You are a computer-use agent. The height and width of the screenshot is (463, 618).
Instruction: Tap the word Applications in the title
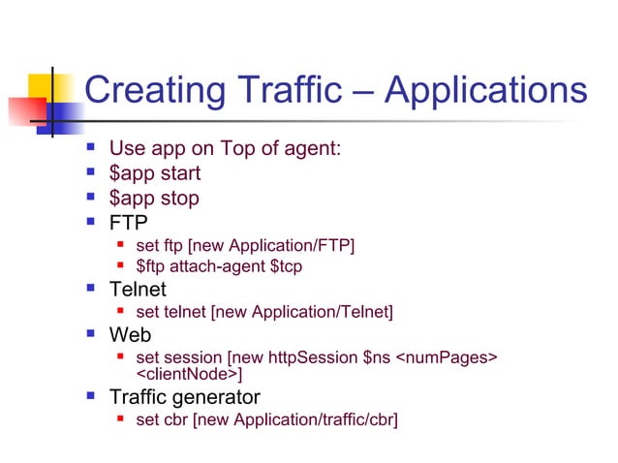485,91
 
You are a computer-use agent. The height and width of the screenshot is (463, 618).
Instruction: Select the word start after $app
180,173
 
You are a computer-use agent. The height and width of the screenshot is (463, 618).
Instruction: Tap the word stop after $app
179,198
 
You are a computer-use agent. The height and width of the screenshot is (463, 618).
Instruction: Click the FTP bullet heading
129,223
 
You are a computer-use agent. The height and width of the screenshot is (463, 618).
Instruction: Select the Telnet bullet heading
138,290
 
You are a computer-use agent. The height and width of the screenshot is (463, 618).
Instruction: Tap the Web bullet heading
131,335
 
